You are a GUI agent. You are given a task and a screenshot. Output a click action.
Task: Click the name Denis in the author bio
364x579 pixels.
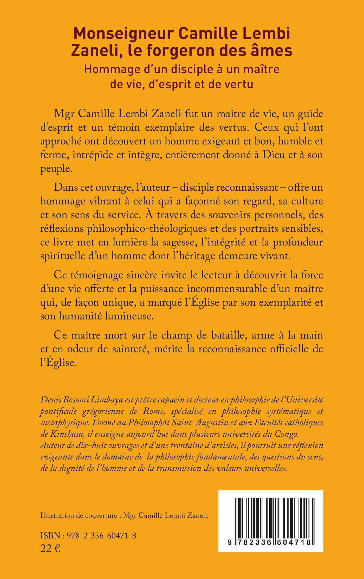click(x=49, y=400)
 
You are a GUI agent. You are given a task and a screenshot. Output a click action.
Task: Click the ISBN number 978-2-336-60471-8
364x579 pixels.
click(x=101, y=536)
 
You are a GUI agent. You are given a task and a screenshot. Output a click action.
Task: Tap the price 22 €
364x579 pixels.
click(x=50, y=549)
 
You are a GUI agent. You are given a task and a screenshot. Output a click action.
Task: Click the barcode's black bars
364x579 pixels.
click(x=270, y=518)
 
